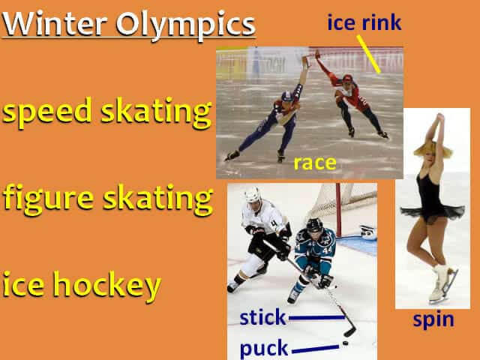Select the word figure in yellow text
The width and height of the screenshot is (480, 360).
pyautogui.click(x=47, y=199)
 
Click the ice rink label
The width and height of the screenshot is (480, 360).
pyautogui.click(x=364, y=22)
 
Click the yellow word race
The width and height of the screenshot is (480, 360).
pyautogui.click(x=314, y=163)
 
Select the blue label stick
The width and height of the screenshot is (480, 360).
pyautogui.click(x=262, y=317)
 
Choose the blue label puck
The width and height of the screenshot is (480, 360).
pyautogui.click(x=263, y=348)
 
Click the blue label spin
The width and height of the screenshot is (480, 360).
pyautogui.click(x=433, y=319)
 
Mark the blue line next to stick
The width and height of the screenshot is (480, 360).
pyautogui.click(x=316, y=317)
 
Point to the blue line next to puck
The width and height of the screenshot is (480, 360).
pyautogui.click(x=315, y=348)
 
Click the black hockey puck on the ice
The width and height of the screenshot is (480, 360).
pyautogui.click(x=345, y=343)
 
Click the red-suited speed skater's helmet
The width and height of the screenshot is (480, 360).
pyautogui.click(x=346, y=79)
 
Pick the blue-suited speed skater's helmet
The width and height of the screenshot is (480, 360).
pyautogui.click(x=286, y=96)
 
